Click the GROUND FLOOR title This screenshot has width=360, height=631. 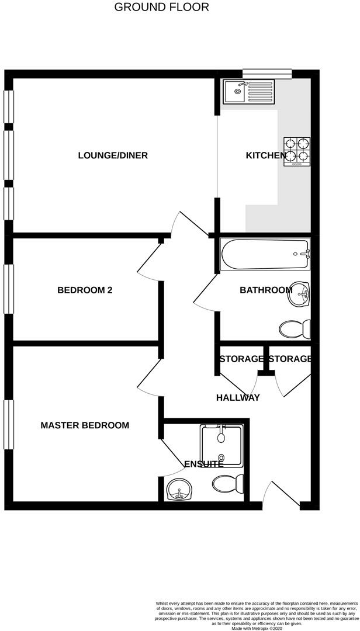[161, 8]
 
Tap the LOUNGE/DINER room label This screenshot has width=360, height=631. [113, 155]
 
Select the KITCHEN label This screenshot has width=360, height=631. [265, 155]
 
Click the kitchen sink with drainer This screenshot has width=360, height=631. [248, 92]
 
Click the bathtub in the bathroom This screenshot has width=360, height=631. [265, 254]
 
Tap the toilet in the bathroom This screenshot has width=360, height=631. [295, 329]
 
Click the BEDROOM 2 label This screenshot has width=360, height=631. [85, 290]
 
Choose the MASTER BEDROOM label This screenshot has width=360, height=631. [85, 425]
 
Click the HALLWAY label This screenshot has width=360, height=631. [238, 398]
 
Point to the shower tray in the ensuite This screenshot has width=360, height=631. [221, 445]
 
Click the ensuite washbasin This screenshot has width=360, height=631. [179, 490]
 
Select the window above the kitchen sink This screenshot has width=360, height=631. [267, 73]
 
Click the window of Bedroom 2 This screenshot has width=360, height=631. [8, 289]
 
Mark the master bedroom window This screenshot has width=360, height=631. [8, 425]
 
